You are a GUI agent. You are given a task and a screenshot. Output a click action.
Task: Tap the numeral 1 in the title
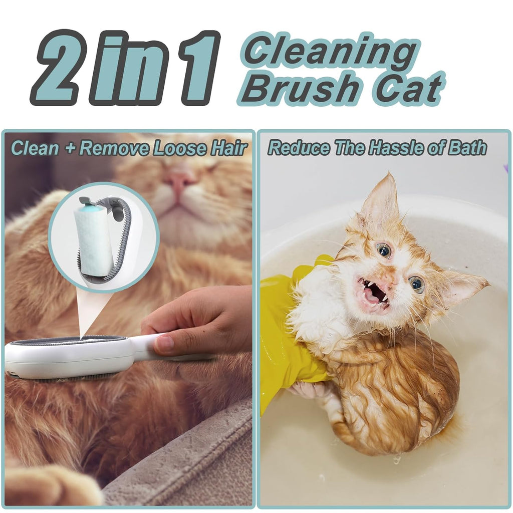(198, 68)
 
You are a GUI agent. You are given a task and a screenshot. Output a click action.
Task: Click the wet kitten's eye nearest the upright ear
(383, 249)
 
